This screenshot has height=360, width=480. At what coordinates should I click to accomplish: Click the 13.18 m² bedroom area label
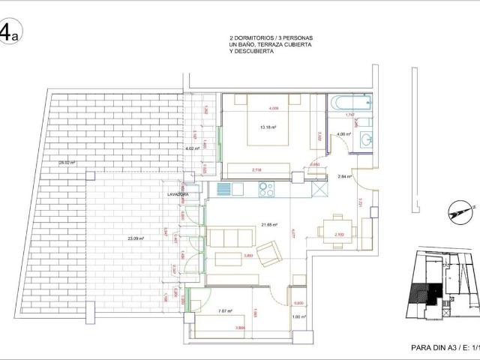[x=268, y=127]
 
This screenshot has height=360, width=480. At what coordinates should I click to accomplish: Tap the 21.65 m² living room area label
[x=269, y=224]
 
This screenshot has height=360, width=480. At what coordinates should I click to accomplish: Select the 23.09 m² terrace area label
[x=136, y=238]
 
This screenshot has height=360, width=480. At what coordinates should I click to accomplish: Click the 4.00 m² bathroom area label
[x=343, y=134]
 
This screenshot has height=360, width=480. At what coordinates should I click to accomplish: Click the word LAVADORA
[x=178, y=194]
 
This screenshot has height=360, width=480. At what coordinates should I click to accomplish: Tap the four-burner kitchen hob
[x=268, y=190]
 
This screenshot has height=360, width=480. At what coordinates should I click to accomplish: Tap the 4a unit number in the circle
[x=8, y=34]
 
